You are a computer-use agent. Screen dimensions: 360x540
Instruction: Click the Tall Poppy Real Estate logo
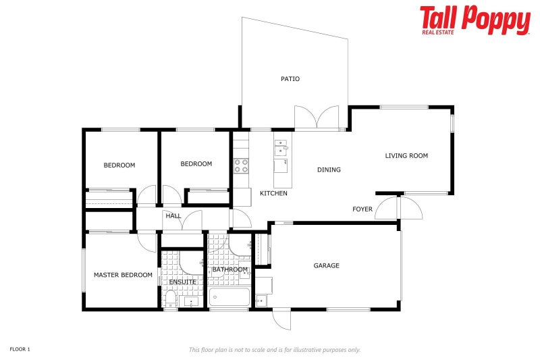click(475, 20)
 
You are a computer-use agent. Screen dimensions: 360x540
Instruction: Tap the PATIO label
click(290, 79)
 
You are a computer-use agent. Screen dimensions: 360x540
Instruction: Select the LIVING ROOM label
click(406, 156)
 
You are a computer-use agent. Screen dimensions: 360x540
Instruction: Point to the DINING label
click(329, 170)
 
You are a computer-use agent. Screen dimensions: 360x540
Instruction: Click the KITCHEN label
click(273, 193)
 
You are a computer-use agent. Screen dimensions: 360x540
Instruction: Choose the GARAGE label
click(326, 265)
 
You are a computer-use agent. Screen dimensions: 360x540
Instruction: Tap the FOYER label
click(362, 209)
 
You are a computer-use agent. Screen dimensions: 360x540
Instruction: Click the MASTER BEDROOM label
click(123, 275)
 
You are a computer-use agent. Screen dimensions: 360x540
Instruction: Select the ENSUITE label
click(182, 282)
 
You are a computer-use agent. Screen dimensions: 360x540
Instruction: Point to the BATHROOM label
click(230, 269)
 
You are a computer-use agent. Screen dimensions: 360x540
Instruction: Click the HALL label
click(173, 216)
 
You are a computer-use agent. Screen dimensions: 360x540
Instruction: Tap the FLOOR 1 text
click(20, 349)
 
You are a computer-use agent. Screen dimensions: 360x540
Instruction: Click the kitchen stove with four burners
click(241, 165)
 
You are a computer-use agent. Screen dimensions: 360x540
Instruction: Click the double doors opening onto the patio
click(316, 118)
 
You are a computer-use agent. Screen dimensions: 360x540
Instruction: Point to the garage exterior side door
click(281, 319)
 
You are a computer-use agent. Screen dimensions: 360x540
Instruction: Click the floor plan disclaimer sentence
click(275, 350)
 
